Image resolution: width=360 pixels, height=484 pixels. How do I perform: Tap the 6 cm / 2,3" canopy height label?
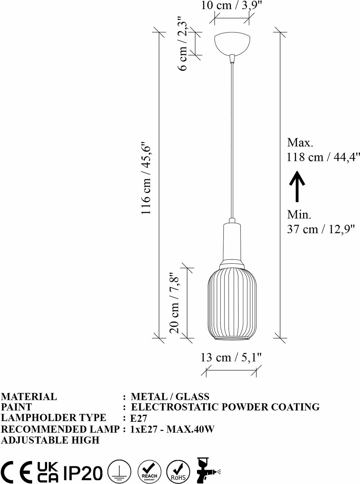coord(182,43)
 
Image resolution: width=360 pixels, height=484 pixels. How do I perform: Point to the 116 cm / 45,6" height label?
coord(146,178)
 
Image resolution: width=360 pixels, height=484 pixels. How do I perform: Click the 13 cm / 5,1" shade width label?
coord(231,358)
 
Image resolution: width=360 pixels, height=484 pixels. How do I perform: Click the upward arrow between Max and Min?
coord(297,187)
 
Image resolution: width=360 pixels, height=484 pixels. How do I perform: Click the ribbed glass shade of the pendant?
coord(232,304)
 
